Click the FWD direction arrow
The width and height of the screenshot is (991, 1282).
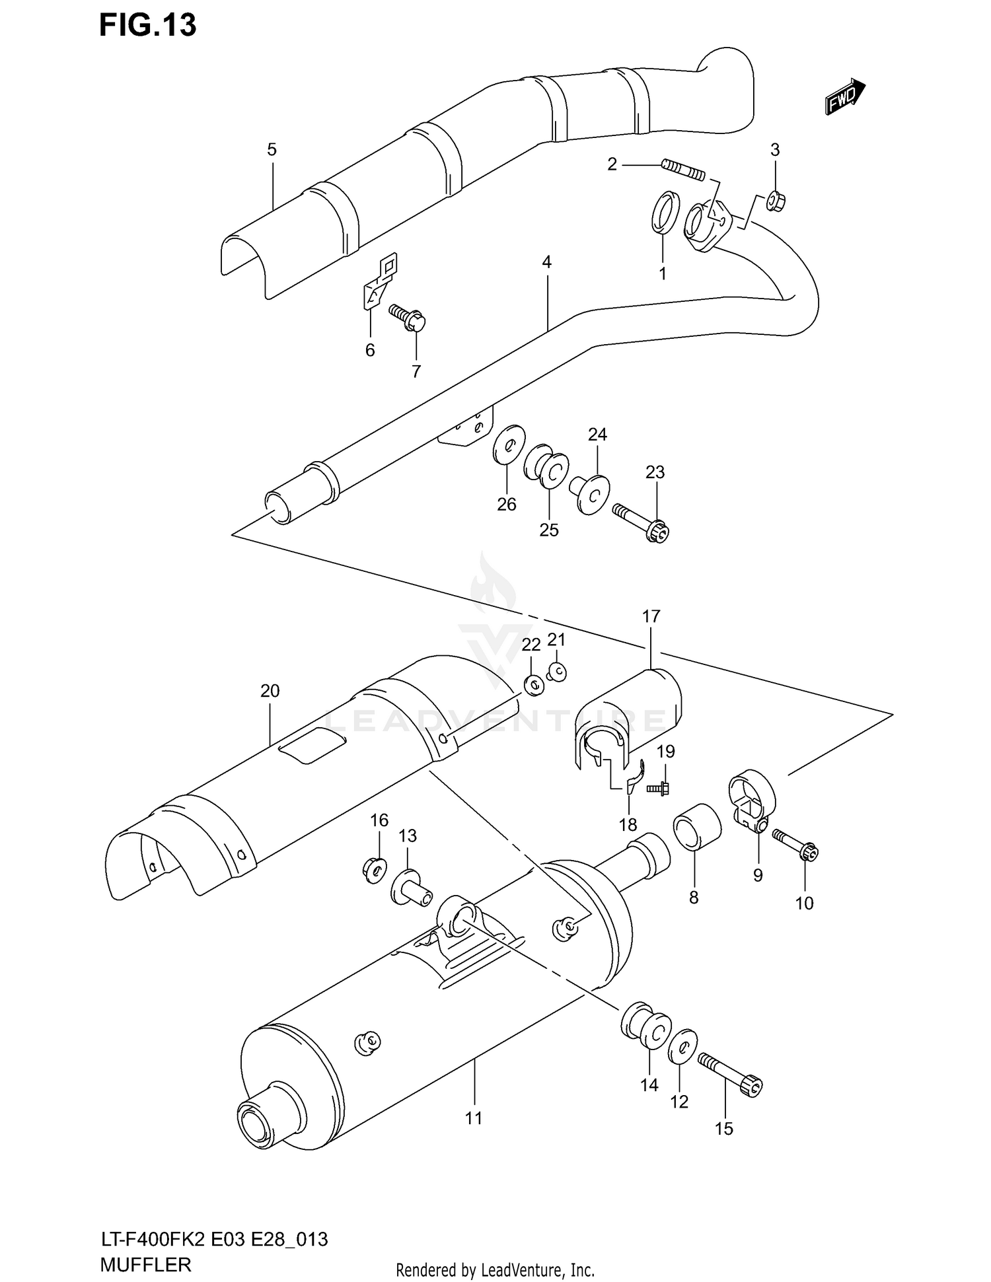coord(845,97)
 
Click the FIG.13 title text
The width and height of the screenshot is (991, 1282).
coord(148,25)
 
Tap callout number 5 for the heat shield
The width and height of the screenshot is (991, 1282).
coord(272,150)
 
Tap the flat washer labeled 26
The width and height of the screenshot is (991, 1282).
coord(509,446)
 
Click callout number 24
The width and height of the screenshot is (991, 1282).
coord(597,435)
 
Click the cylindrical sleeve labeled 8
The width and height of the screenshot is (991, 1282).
coord(696,826)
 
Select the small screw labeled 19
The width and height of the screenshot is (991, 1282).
coord(659,787)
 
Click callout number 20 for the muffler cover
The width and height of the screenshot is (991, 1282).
coord(270,691)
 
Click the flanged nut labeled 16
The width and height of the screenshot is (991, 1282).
coord(375,870)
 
